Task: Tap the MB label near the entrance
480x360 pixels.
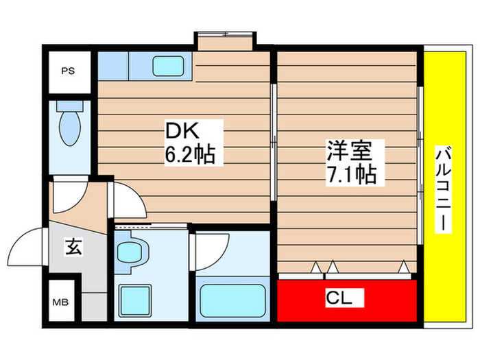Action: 62,300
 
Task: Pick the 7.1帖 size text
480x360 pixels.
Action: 350,175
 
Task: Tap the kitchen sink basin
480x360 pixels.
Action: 164,67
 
